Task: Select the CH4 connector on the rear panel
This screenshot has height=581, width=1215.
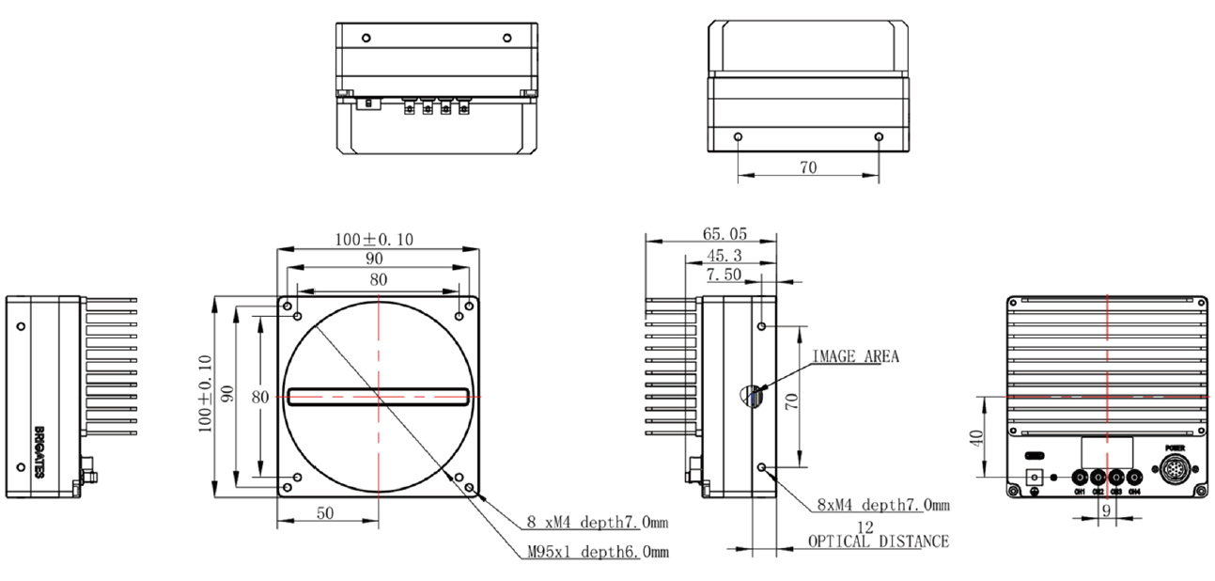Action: point(1134,478)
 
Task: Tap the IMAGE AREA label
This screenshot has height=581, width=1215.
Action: point(855,356)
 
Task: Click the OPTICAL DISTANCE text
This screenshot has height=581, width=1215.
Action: point(878,542)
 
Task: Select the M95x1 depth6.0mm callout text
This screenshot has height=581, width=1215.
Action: point(598,552)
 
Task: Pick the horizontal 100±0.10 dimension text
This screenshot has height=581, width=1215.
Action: point(373,240)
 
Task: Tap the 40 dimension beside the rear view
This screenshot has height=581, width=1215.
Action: point(976,438)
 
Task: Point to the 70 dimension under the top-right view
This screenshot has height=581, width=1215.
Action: point(807,167)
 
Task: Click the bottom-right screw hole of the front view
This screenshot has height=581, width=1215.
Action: point(460,478)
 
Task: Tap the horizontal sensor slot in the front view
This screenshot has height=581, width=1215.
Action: point(378,397)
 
